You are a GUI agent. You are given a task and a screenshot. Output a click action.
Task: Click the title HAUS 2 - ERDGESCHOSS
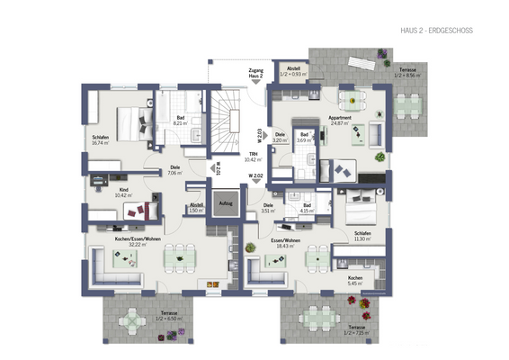(x=435, y=31)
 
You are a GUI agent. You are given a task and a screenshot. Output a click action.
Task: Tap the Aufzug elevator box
(x=224, y=204)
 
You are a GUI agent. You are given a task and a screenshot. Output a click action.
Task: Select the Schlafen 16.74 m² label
(x=99, y=140)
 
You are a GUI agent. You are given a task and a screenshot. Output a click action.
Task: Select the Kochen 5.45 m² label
(x=355, y=280)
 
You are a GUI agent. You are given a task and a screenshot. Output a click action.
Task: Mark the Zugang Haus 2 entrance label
(x=256, y=75)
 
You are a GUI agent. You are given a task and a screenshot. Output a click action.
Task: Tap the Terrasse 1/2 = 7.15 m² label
(x=357, y=329)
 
